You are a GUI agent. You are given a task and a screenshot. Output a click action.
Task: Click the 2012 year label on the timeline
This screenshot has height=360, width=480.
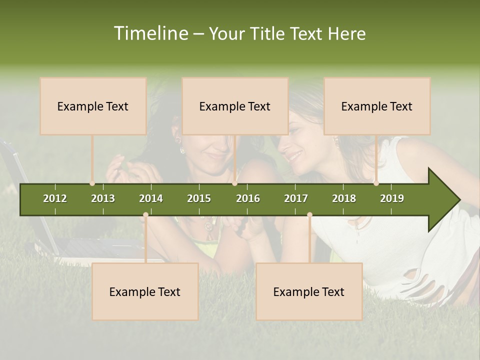(55, 198)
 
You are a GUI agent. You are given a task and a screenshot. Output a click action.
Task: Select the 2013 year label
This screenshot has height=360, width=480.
(103, 198)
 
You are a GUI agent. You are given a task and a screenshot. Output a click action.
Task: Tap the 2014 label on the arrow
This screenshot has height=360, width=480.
(151, 198)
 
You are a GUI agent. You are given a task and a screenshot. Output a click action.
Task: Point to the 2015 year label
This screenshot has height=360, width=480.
(199, 198)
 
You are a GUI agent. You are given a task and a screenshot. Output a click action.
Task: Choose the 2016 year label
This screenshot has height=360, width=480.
(248, 198)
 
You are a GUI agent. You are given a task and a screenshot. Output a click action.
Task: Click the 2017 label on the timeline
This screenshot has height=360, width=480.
(296, 198)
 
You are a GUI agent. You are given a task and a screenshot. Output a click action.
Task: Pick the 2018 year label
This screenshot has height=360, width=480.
(344, 198)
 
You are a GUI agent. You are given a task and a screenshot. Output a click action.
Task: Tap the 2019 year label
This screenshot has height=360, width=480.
(392, 198)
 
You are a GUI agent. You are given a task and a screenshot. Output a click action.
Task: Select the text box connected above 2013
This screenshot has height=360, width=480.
(93, 106)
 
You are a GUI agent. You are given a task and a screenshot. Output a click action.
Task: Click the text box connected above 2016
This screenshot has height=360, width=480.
(235, 106)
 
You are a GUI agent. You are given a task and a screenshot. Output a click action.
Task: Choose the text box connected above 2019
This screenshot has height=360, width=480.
(377, 106)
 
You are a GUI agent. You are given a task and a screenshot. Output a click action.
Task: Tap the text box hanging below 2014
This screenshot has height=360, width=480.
(145, 291)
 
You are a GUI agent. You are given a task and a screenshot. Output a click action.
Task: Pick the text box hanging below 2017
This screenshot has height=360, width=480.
(309, 291)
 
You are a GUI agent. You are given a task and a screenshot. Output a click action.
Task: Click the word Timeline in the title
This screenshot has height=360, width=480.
(150, 33)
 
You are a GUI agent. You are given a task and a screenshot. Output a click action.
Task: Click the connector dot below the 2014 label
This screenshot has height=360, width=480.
(145, 215)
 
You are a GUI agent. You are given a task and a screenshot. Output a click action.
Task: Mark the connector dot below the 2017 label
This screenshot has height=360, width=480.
(309, 215)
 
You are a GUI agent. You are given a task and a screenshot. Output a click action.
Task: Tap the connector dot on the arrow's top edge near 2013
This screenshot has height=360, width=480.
(92, 183)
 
